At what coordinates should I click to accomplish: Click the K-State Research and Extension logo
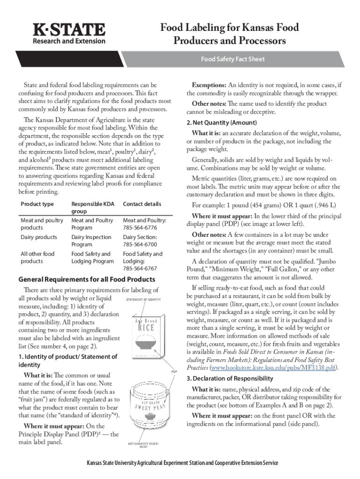68,34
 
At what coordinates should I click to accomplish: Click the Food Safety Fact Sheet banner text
232,59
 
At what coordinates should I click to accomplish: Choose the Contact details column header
142,204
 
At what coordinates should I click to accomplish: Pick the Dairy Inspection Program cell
91,241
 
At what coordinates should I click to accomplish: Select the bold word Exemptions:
209,85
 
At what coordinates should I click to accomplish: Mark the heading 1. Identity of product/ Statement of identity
67,361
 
